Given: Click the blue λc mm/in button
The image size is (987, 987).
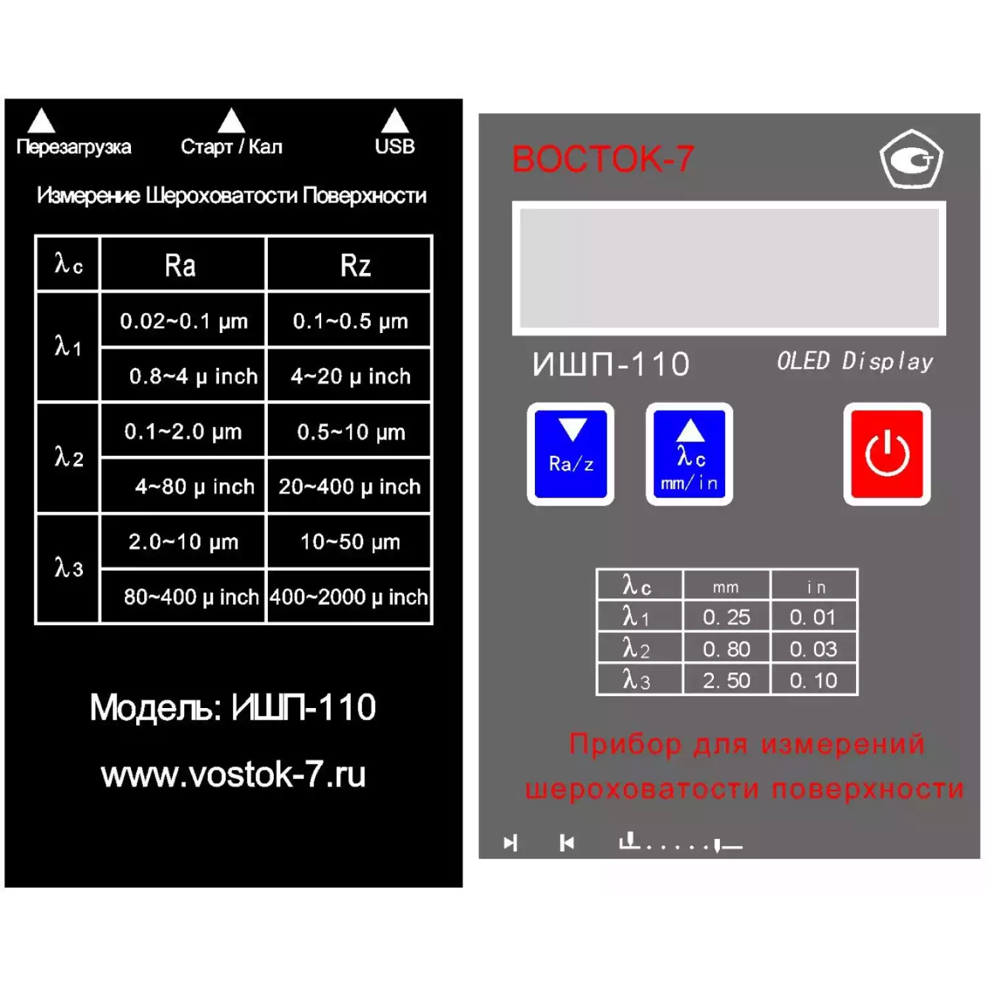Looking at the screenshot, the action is coord(690,454).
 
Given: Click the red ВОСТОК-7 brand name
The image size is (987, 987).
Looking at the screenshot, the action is coord(603,159).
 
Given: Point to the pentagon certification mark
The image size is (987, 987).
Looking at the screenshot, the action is coord(912,159).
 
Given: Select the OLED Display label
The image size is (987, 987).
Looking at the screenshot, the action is coord(855,361).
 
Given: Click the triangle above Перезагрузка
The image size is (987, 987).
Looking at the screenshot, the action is coord(41,120).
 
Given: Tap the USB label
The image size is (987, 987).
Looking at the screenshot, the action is coord(395,146).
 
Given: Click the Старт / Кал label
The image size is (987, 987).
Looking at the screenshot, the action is coord(232,146).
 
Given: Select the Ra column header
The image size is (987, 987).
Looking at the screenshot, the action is coord(180,266).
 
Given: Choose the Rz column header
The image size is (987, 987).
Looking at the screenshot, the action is coord(355,266).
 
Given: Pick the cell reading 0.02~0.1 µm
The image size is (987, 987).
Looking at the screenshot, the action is coord(184,321).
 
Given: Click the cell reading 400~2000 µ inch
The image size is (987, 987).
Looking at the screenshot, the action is coord(349,597).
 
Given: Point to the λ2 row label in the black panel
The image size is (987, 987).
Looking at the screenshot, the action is coord(68,457).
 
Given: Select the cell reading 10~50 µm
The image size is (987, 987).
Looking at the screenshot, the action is coord(350,542).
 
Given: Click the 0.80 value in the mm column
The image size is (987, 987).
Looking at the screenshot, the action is coord(726,649).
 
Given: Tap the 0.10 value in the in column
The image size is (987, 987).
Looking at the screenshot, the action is coord(813,680).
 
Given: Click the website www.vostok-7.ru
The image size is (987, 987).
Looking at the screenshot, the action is coord(233,774).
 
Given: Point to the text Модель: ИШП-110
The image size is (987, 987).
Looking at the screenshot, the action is coord(233,708).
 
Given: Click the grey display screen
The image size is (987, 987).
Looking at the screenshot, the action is coord(729,268).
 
